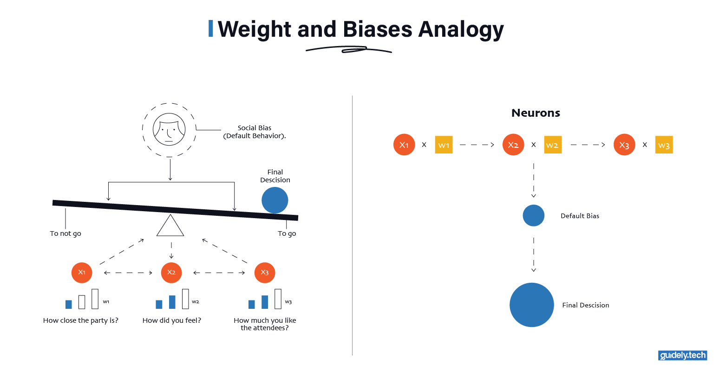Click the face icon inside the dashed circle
169,130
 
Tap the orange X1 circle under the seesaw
82,273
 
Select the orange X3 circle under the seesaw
265,273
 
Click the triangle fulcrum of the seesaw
170,226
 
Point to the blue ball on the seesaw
275,200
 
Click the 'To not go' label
65,233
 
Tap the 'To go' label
287,233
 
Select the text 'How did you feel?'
172,320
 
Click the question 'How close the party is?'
81,320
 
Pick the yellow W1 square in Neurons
444,145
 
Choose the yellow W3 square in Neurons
664,145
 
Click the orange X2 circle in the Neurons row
513,145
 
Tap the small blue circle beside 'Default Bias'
534,216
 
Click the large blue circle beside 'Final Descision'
532,305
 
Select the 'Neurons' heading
536,113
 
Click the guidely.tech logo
683,355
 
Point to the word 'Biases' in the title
378,29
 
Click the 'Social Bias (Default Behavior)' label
255,132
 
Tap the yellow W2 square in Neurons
553,145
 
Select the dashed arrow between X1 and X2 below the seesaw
128,273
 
